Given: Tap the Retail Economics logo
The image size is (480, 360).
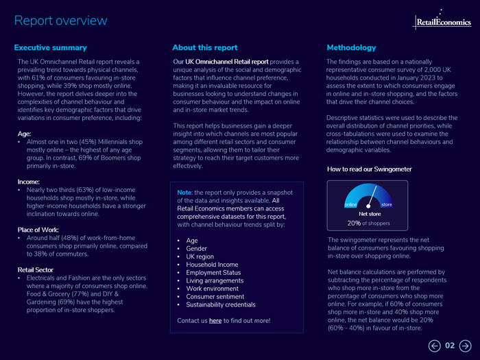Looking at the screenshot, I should [443, 21].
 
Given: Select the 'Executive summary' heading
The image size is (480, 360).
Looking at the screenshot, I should [51, 48].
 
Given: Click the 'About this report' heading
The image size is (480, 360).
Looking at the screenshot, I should [205, 48].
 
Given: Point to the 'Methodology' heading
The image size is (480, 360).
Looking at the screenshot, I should [351, 48].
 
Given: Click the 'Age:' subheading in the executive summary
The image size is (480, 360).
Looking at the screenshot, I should [24, 134].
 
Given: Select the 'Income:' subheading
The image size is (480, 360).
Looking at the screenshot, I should [29, 182].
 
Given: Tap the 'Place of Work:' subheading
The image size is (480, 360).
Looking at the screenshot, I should [38, 230].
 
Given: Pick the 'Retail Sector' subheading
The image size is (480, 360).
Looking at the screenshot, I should [37, 270].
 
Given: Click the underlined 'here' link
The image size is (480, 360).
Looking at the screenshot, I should [215, 320].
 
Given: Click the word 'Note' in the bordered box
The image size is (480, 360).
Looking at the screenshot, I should [184, 193].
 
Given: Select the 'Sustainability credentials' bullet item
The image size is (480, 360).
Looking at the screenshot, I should [221, 304].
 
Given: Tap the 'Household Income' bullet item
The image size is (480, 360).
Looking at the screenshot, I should [212, 265].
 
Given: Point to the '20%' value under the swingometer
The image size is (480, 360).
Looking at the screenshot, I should [354, 223].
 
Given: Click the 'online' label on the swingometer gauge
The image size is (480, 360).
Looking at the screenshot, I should [350, 204].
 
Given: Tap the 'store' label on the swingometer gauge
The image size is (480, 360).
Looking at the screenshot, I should [386, 204].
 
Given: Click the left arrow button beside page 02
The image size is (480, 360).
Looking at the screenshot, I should [434, 346].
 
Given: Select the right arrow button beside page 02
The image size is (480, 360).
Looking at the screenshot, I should [465, 346].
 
